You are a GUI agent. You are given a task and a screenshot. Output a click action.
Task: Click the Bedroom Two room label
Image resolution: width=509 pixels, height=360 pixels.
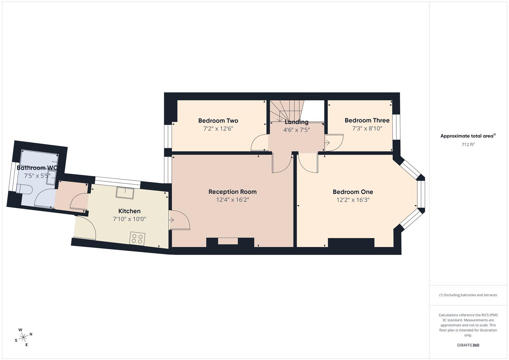[218, 121]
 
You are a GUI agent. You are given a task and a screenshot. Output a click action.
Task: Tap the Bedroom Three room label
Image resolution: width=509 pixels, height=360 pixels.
[367, 120]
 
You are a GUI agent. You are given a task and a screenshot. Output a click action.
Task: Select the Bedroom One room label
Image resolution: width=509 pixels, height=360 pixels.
[353, 192]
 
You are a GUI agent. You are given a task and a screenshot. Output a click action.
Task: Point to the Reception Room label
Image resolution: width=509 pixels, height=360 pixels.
[232, 192]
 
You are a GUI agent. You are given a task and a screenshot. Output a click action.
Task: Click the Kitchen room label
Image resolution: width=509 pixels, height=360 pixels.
[129, 211]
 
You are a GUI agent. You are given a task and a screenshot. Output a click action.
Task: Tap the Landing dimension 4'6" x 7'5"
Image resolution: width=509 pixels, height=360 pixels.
[296, 130]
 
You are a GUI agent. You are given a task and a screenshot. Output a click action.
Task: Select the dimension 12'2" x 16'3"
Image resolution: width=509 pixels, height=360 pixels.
[353, 200]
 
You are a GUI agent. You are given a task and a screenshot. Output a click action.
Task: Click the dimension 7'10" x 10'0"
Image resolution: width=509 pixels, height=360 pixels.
[129, 219]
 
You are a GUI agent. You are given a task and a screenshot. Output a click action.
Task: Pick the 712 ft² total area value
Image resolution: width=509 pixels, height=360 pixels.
[468, 145]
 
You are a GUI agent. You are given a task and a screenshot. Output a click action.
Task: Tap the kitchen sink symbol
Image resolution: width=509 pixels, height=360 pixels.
[125, 193]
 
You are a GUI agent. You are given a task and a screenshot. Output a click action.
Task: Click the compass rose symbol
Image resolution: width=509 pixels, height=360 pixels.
[23, 337]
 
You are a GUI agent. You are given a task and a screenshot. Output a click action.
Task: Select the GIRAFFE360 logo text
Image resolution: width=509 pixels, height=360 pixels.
[468, 345]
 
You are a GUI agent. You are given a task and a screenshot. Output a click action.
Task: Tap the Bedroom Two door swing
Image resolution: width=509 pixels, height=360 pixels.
[259, 143]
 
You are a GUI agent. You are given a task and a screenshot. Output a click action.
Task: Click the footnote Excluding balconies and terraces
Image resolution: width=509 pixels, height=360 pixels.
[468, 295]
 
